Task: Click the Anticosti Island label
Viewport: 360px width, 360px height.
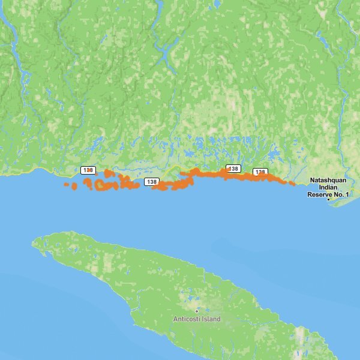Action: point(197,319)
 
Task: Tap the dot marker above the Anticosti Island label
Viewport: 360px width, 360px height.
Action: point(196,310)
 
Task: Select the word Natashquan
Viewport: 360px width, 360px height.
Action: point(328,180)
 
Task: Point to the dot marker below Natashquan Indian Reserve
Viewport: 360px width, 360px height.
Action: point(328,200)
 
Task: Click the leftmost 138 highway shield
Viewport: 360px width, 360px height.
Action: point(88,170)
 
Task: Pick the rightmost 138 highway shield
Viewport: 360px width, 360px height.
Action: point(260,172)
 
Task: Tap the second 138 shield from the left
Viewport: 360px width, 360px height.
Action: point(151,181)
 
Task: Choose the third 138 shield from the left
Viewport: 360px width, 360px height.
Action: point(233,169)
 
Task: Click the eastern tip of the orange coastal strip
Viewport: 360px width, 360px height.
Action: point(293,183)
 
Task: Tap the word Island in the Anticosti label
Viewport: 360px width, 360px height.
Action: point(211,319)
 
